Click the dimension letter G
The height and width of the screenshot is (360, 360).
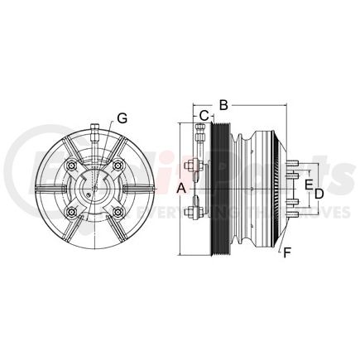point(122,118)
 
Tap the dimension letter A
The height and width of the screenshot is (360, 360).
point(182,188)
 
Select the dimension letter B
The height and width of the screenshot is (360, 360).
point(223,104)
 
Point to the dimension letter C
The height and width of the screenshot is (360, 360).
point(204,115)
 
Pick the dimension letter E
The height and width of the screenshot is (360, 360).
point(309,183)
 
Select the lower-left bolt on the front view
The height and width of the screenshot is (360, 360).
point(74,212)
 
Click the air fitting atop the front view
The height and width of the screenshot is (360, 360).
point(96,132)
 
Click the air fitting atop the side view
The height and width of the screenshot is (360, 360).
point(199,131)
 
